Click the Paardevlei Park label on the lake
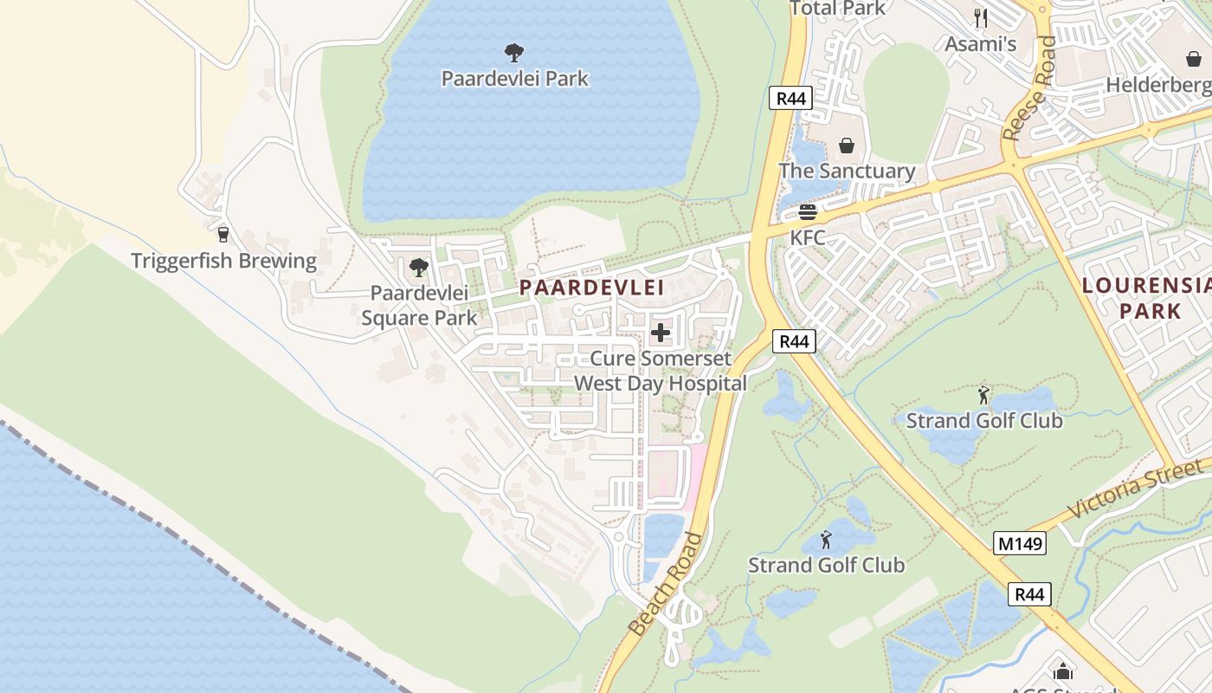(514, 79)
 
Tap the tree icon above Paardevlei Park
(514, 53)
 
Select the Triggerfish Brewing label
(223, 261)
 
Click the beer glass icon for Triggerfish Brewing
(223, 234)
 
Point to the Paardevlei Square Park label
(419, 306)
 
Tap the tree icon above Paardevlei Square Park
(419, 268)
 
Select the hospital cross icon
(661, 333)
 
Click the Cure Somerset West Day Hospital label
(660, 371)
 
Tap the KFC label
(807, 237)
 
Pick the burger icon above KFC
(808, 212)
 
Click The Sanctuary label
(847, 172)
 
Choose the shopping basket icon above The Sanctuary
(847, 146)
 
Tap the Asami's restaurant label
(980, 44)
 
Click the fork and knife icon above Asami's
(980, 17)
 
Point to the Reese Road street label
(1029, 88)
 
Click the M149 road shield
(1020, 543)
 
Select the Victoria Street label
(1134, 489)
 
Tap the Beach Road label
(666, 585)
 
